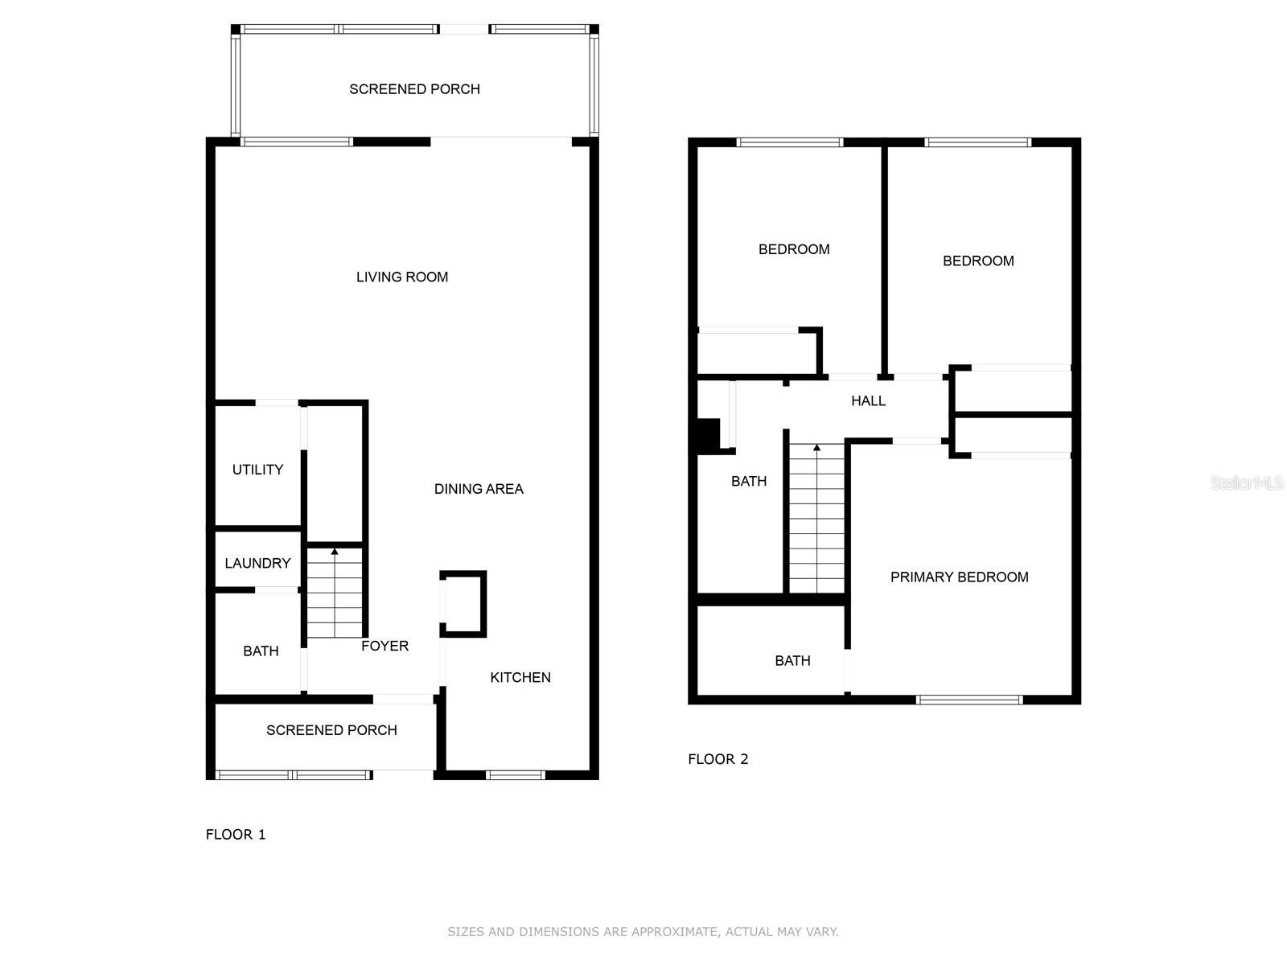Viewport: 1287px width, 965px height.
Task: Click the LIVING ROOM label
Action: click(x=402, y=277)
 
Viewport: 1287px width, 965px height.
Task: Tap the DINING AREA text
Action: click(x=479, y=489)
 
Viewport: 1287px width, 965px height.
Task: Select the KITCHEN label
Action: click(x=520, y=677)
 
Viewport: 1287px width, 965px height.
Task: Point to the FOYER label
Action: click(x=384, y=646)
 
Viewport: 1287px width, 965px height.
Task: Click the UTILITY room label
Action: click(x=257, y=470)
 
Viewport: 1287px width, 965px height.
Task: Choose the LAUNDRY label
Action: click(x=257, y=563)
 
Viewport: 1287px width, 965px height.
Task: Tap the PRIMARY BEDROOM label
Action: click(x=959, y=577)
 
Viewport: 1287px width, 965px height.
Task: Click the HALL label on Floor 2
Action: click(x=868, y=400)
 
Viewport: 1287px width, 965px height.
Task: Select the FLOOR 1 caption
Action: click(x=236, y=834)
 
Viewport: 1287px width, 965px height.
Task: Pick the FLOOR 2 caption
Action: click(x=718, y=759)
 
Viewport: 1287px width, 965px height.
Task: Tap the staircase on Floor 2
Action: click(x=817, y=519)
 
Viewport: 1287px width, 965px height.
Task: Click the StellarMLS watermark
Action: click(x=1247, y=482)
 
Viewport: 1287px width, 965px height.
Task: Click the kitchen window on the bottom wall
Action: click(x=516, y=775)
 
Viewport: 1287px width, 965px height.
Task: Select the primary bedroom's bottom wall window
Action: click(x=969, y=700)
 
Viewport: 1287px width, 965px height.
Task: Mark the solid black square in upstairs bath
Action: click(x=708, y=435)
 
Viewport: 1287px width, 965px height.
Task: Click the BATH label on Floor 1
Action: click(x=261, y=651)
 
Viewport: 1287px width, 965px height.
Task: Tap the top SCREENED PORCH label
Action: click(x=414, y=89)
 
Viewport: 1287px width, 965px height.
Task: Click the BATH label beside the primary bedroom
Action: click(x=792, y=660)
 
